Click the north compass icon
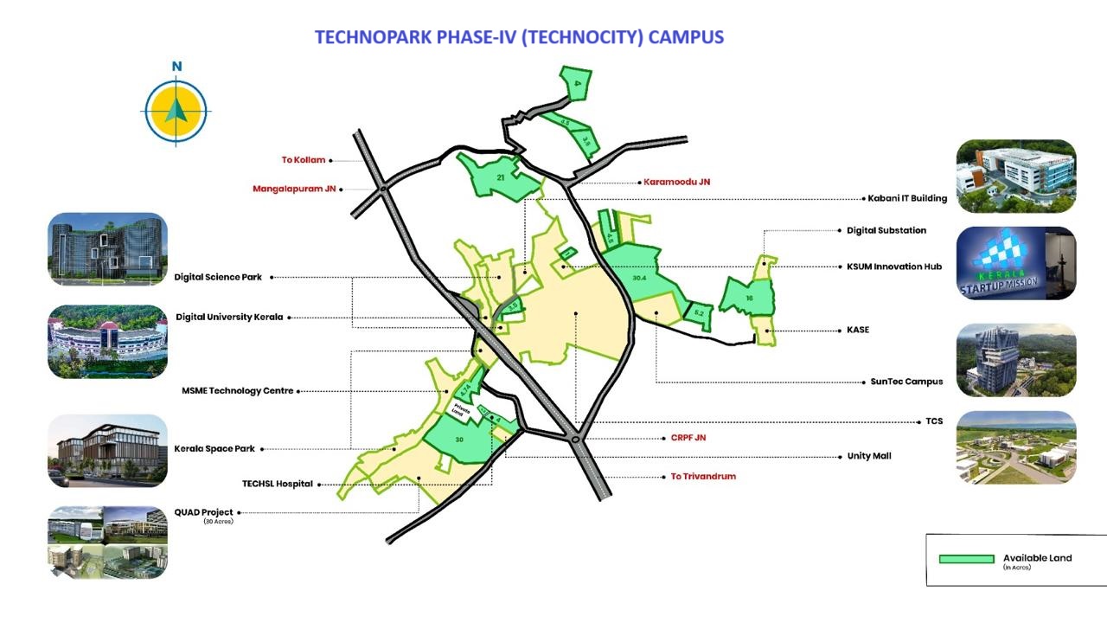tap(176, 110)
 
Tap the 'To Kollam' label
tap(304, 160)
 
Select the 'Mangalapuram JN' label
tap(294, 189)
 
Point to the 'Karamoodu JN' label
tap(676, 182)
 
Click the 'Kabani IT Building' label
tap(907, 198)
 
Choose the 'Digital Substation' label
tap(886, 231)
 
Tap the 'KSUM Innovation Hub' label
tap(894, 267)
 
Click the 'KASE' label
tap(858, 330)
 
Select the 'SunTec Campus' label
tap(906, 382)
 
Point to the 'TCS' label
tap(934, 421)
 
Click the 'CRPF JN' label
tap(688, 438)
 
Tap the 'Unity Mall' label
tap(869, 456)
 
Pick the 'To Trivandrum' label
tap(703, 477)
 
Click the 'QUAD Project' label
tap(204, 512)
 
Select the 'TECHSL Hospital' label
tap(278, 485)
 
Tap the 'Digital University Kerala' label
tap(229, 318)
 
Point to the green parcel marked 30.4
tap(640, 279)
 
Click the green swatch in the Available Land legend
tap(966, 559)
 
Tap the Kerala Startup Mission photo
tap(1016, 263)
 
